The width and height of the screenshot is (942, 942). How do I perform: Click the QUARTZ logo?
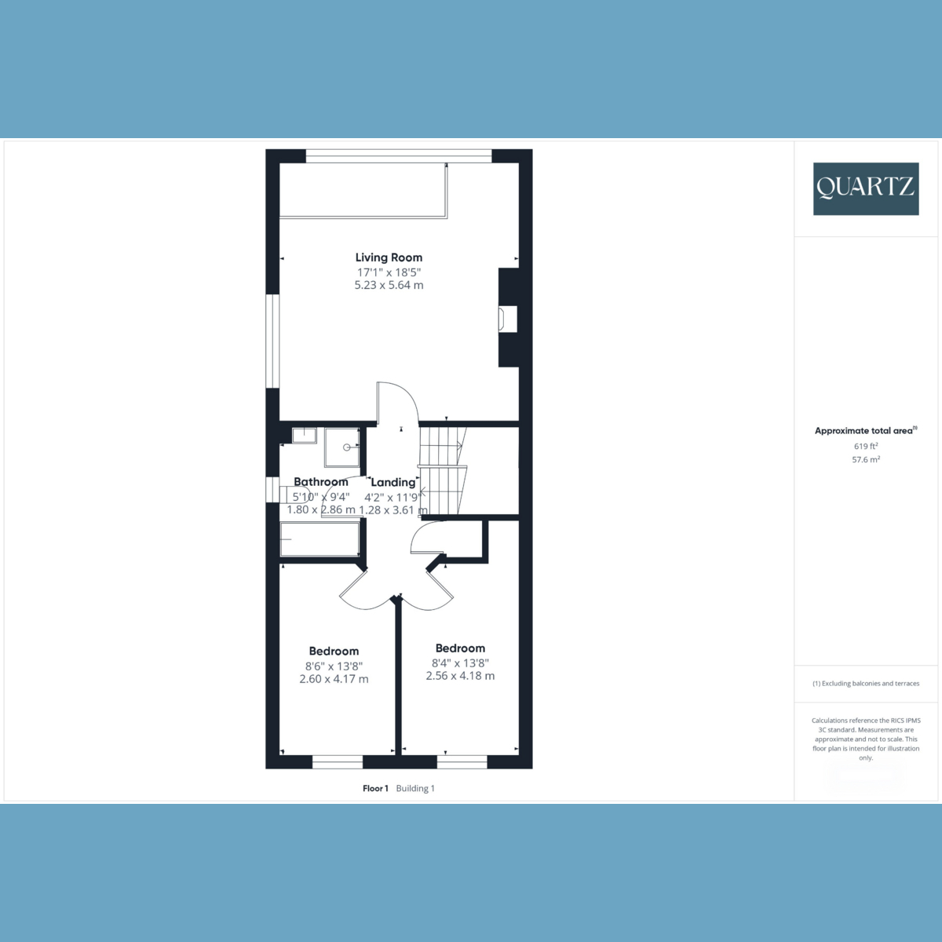coord(865,188)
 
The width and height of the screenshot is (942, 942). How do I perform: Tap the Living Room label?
coord(389,257)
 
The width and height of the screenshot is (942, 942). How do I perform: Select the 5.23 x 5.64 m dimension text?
coord(389,285)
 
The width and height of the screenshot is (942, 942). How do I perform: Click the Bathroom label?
coord(321,482)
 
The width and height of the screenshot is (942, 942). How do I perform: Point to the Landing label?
coord(392,482)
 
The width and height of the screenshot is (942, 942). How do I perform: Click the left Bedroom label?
coord(334,651)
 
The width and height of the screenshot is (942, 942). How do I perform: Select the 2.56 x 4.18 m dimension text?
coord(460,676)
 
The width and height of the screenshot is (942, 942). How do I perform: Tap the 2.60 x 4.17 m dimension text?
coord(334,679)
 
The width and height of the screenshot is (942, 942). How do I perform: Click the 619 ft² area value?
coord(866,446)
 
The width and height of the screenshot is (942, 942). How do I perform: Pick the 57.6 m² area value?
coord(866,459)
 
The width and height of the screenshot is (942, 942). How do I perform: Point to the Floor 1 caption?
coord(376,788)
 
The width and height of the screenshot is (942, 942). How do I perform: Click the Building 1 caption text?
coord(415,788)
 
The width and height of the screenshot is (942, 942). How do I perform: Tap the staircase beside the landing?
coord(442,471)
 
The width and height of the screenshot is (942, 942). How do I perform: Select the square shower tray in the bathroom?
coord(344,447)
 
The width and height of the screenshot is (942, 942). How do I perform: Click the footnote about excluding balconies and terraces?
coord(866,684)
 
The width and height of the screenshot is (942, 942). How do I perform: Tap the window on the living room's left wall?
coord(272,341)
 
